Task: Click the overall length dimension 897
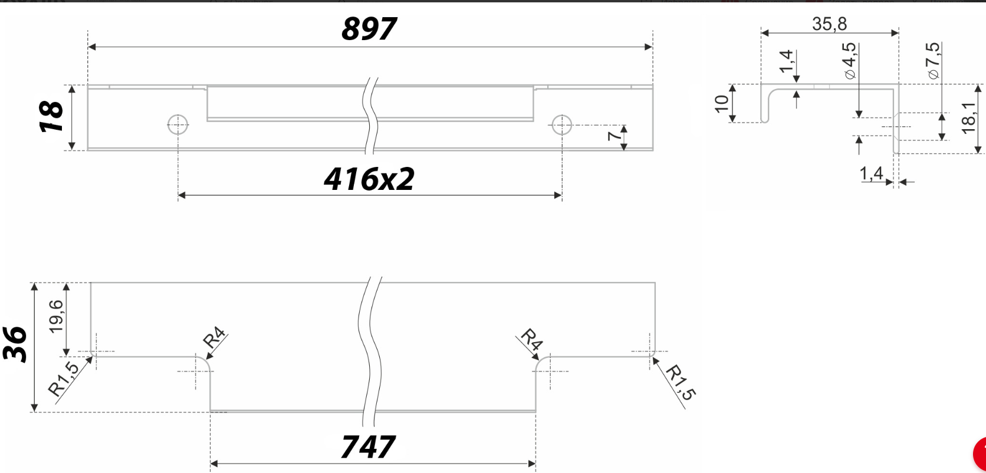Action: click(x=369, y=28)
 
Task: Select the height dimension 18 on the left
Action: click(x=52, y=117)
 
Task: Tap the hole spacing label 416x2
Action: click(x=369, y=179)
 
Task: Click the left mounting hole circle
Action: click(x=178, y=124)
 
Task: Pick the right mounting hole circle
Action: click(x=561, y=124)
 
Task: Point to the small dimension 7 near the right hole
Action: click(x=614, y=136)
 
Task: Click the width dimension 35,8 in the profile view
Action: click(x=829, y=24)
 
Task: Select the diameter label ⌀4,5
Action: click(x=850, y=61)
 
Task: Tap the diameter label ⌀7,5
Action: click(x=933, y=61)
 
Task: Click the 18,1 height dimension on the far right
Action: click(x=968, y=118)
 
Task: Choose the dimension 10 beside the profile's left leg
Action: click(x=721, y=103)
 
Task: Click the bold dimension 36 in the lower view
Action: click(x=16, y=344)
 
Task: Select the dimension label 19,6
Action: click(x=56, y=316)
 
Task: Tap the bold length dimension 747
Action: click(x=368, y=446)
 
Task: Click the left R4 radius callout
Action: click(x=214, y=338)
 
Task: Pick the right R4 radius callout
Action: click(x=531, y=340)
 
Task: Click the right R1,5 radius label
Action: click(x=679, y=382)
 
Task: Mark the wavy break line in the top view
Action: click(x=372, y=115)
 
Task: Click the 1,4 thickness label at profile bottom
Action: click(x=871, y=173)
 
